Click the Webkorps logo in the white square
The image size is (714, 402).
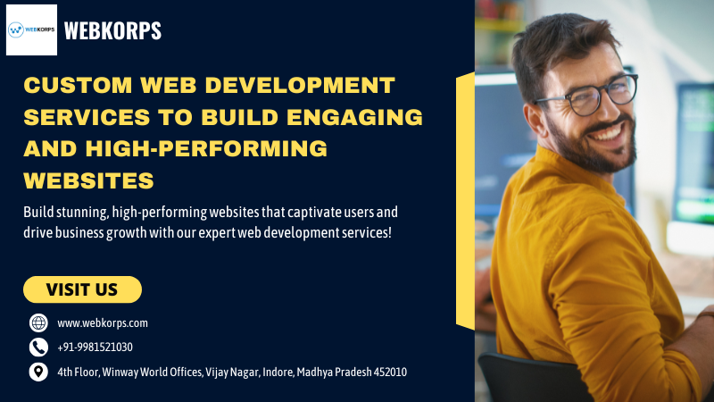[x=31, y=29]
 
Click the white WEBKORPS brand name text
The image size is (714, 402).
[x=112, y=31]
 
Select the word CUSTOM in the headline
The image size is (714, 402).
[x=78, y=85]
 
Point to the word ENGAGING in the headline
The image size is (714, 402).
[x=354, y=117]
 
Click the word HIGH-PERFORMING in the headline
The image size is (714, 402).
[x=206, y=148]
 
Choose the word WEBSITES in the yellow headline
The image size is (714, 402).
[x=88, y=180]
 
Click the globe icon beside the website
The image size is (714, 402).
[x=38, y=322]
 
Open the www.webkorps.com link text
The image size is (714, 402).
[x=103, y=323]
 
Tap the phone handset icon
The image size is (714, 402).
[x=38, y=348]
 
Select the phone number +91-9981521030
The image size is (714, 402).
[x=95, y=348]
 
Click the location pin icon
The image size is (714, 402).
[x=38, y=372]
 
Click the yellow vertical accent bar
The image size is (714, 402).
[x=465, y=201]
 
